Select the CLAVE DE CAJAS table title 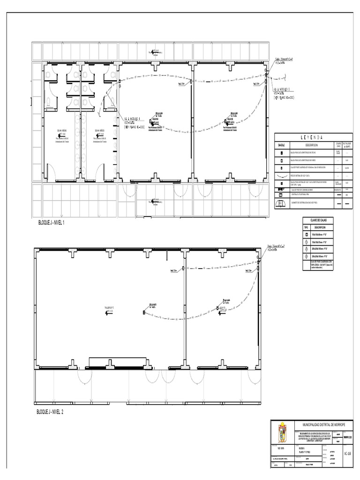pos(318,220)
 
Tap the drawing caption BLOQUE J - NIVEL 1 pos(51,223)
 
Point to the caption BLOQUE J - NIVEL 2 pos(50,412)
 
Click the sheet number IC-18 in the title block pos(347,454)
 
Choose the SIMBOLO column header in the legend pos(281,146)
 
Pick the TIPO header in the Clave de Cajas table pos(307,227)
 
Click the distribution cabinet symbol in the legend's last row pos(281,203)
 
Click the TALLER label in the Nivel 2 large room pos(109,308)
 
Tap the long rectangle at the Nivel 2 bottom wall pos(117,362)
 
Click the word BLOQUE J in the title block pos(302,447)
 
